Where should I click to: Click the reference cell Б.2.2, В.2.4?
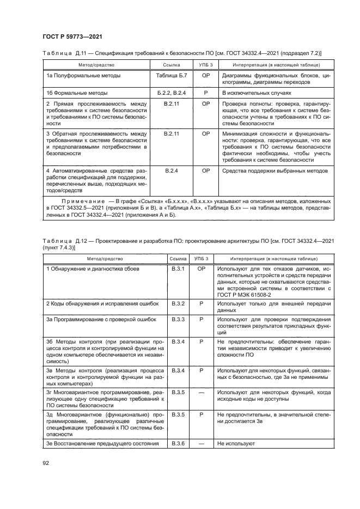coord(171,93)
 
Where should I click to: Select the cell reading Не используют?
coord(236,444)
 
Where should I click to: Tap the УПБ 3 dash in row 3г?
coord(202,391)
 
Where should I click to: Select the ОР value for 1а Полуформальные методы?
coord(206,76)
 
